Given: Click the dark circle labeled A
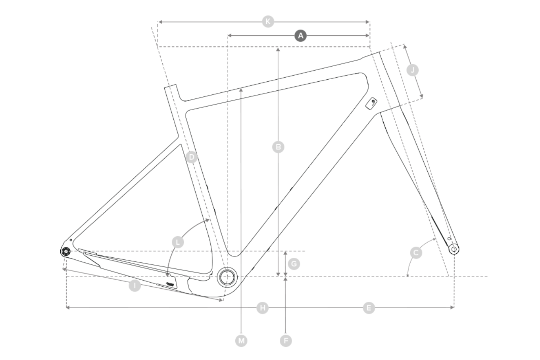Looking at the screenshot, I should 301,36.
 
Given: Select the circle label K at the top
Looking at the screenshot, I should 268,21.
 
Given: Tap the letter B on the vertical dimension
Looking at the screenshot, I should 279,147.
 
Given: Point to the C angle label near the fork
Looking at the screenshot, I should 416,253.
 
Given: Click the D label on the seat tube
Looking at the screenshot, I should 191,157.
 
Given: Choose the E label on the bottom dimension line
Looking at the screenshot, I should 369,308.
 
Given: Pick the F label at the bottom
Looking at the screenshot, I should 286,341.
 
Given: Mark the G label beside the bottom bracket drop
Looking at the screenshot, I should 294,264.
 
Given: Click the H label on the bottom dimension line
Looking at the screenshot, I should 262,308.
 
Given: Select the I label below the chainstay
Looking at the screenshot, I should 135,285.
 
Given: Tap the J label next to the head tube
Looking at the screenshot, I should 413,71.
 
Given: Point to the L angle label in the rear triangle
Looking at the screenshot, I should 178,242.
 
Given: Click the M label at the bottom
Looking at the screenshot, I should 241,341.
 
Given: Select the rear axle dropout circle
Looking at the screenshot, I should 65,251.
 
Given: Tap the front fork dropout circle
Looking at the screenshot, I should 454,249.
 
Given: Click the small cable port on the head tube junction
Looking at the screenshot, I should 372,103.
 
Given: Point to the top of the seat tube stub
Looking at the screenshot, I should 170,86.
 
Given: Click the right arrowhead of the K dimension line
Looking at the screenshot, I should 368,22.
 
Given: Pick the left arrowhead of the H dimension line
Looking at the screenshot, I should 67,307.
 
